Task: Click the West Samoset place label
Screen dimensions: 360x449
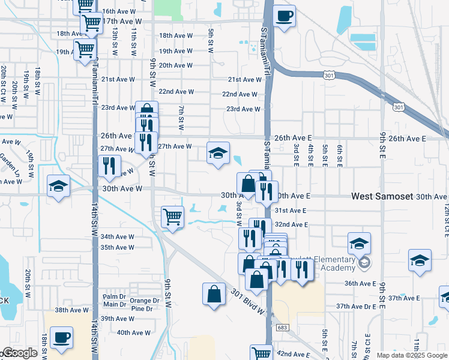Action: (382, 196)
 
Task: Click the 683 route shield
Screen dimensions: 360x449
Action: (282, 328)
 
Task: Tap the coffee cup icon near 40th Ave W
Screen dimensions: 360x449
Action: (61, 337)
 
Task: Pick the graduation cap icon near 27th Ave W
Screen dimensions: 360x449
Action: (218, 153)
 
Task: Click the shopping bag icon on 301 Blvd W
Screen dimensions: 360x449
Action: (214, 295)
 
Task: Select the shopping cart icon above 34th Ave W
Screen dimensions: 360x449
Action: (172, 217)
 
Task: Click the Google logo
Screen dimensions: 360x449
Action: (19, 353)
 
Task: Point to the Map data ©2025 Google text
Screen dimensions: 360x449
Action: (412, 355)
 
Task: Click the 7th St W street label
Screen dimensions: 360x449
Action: (181, 118)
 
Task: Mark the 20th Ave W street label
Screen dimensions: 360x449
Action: (176, 65)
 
